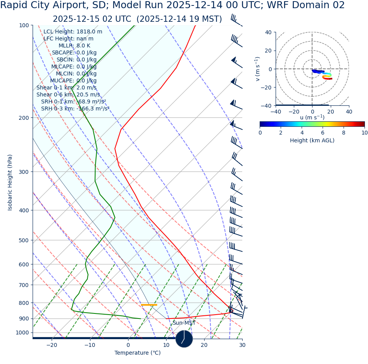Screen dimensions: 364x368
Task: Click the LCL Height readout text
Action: [x=73, y=32]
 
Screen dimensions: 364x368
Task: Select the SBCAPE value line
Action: [x=74, y=53]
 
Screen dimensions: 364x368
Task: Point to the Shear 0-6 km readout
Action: [x=68, y=95]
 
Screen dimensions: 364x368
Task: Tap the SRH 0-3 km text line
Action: [x=75, y=109]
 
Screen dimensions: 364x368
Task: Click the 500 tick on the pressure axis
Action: [x=24, y=240]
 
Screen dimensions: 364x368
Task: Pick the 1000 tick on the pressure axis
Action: [x=22, y=332]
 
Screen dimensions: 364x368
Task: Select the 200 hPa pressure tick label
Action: [x=24, y=118]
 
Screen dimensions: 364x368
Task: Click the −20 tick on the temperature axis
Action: [x=52, y=345]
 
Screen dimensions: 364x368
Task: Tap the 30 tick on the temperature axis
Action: [x=242, y=345]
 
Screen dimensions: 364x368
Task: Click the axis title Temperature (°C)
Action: [x=137, y=353]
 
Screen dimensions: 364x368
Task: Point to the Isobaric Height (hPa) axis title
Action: [x=10, y=182]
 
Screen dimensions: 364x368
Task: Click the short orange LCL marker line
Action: [x=149, y=305]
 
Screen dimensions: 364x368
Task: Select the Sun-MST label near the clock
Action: [x=184, y=323]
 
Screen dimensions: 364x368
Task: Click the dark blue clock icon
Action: [x=184, y=339]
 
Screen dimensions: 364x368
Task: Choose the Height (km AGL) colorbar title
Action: [x=312, y=141]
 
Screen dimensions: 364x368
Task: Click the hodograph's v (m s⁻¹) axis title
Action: [x=257, y=69]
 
